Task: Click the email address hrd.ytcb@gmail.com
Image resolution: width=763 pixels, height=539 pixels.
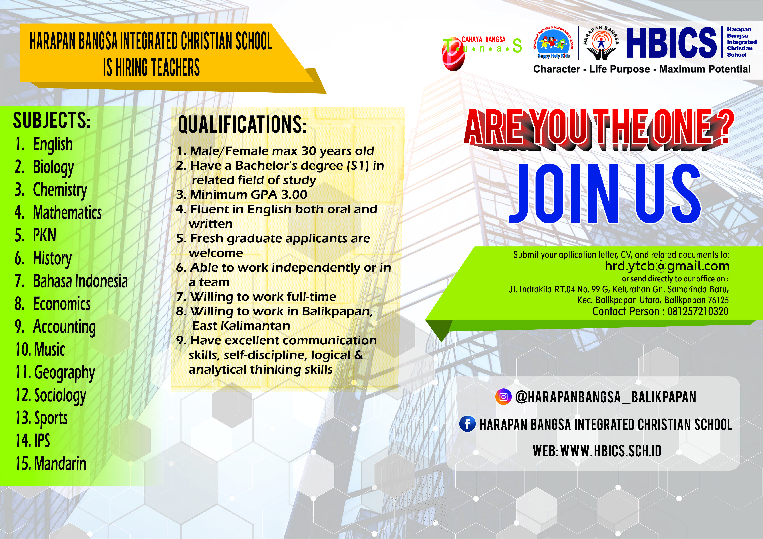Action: (x=667, y=266)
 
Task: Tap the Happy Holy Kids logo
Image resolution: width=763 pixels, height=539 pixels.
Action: (x=553, y=43)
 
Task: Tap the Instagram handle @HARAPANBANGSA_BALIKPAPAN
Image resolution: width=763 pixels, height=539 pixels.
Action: (x=606, y=397)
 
